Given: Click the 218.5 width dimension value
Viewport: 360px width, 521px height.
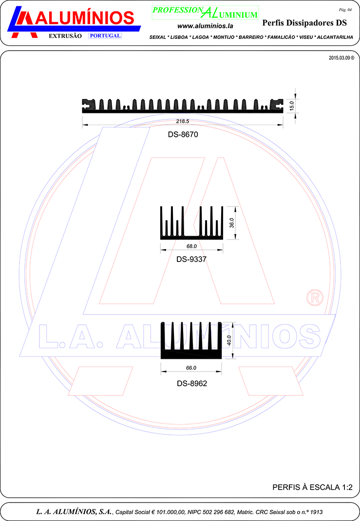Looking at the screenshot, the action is coord(183,121).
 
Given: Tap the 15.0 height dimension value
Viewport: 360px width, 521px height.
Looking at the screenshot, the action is coord(291,106).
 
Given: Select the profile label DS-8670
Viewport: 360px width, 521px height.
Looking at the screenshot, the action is coord(183,134).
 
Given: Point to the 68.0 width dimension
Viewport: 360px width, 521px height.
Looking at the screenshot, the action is coord(191,246).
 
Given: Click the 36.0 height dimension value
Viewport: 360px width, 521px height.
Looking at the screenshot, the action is coord(232,223).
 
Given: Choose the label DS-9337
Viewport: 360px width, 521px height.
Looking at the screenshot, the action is coord(191,259).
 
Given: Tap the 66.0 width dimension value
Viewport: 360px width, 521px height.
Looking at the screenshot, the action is coord(191,368).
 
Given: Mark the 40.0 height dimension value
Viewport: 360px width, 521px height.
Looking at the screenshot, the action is coord(229,340).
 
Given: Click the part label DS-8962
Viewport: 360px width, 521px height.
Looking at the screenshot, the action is coord(192,383).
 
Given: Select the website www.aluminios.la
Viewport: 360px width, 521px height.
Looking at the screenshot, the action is coord(205,26).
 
